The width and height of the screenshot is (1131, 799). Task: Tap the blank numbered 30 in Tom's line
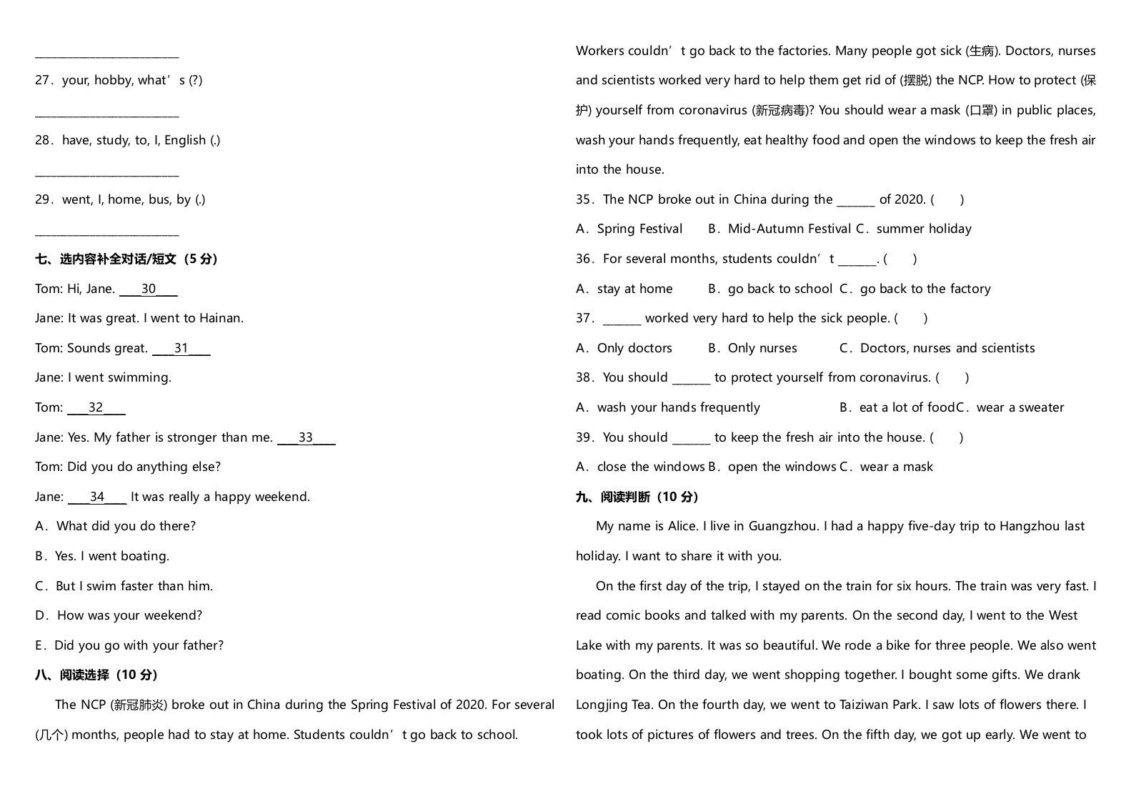pos(148,289)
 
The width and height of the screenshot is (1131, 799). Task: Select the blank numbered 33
pos(306,438)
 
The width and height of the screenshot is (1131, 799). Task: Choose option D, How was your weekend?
pos(119,615)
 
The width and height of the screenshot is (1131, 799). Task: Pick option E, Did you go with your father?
pos(129,645)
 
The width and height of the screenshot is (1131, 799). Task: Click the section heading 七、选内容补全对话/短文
pos(126,259)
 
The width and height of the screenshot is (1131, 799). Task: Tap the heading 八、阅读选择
pos(96,675)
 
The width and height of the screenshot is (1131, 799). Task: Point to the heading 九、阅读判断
pos(637,497)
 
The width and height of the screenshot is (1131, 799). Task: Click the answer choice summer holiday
pos(923,229)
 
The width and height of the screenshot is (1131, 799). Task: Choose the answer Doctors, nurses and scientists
pos(947,349)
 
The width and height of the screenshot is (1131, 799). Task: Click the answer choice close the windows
pos(650,467)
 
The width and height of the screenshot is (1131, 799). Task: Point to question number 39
pos(585,437)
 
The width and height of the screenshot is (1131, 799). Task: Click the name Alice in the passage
pos(682,527)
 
